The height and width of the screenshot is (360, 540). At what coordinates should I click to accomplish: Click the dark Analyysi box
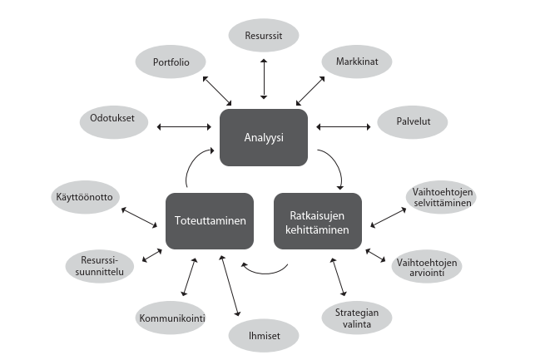(x=264, y=137)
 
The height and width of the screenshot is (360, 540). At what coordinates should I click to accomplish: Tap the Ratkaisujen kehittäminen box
(x=318, y=221)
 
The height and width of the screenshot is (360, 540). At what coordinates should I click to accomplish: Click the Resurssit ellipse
(x=263, y=37)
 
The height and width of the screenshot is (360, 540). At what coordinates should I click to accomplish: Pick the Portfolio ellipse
(x=171, y=62)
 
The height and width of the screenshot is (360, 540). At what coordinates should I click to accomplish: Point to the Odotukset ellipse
(x=113, y=119)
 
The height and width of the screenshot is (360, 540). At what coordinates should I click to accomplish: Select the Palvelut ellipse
(x=412, y=121)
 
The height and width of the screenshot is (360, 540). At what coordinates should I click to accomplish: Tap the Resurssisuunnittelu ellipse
(x=99, y=266)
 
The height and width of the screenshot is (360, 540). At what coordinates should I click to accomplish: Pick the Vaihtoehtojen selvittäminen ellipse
(x=442, y=199)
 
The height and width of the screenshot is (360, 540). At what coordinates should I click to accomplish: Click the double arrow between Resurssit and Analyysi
(x=264, y=80)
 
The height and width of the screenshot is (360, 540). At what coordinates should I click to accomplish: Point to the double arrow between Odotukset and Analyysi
(x=182, y=127)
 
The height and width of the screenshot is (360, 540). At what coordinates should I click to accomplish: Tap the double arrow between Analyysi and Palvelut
(x=343, y=127)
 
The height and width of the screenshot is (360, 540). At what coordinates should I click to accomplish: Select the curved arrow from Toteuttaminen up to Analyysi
(x=191, y=168)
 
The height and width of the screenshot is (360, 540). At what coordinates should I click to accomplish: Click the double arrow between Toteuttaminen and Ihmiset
(x=230, y=287)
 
